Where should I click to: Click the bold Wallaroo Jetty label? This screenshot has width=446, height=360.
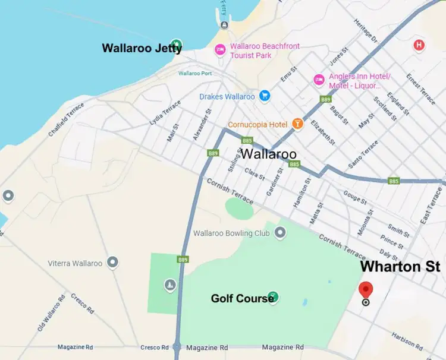coord(142,48)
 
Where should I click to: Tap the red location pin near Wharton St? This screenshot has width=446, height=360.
coord(366,289)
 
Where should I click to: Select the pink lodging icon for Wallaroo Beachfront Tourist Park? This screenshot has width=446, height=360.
coord(219,49)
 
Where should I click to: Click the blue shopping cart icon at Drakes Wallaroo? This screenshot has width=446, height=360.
coord(265,96)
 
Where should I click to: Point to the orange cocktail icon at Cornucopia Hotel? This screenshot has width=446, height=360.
coord(297,124)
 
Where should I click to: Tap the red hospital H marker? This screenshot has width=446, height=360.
coord(419,45)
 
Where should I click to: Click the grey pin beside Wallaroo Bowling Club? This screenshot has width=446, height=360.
coord(279,233)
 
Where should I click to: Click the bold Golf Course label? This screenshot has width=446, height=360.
coord(242,298)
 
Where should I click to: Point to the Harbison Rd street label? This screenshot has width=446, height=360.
coord(407,340)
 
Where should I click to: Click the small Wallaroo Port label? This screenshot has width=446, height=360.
coord(194,74)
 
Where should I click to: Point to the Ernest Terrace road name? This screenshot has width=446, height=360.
coord(420,87)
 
